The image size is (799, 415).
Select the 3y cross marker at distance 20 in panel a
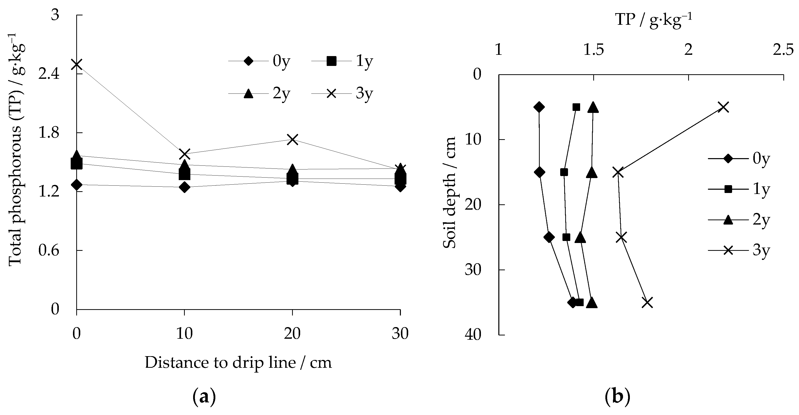tap(292, 139)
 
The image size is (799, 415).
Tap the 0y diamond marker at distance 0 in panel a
tap(76, 185)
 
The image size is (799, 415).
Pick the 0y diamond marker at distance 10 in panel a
tap(185, 187)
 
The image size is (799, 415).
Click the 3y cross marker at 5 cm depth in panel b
tap(723, 107)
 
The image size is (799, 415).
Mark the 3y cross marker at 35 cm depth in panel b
tap(648, 302)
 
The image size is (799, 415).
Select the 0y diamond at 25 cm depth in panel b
tap(549, 237)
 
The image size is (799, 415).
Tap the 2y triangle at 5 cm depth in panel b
tap(593, 107)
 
